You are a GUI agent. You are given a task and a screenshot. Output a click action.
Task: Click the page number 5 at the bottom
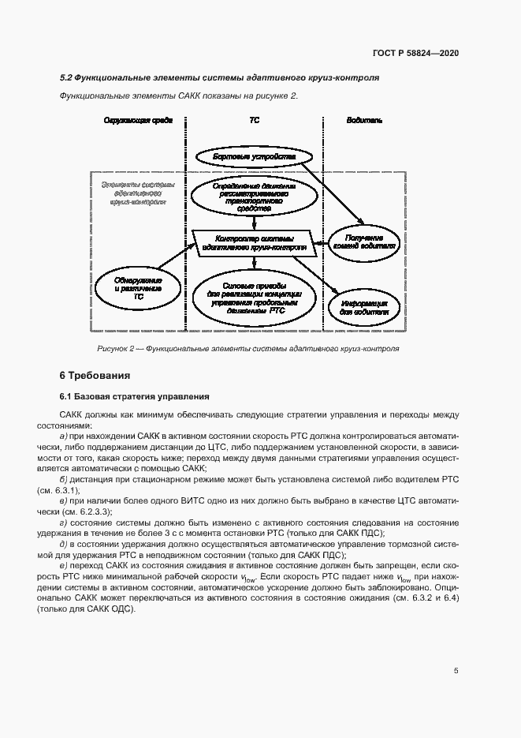pyautogui.click(x=456, y=671)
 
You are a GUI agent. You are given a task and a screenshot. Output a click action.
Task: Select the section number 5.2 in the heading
pyautogui.click(x=66, y=79)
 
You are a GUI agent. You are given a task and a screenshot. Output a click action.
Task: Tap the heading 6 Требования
pyautogui.click(x=95, y=374)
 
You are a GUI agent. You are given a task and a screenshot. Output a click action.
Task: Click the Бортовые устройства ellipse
pyautogui.click(x=255, y=157)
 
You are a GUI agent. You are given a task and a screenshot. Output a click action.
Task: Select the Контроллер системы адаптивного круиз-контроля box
pyautogui.click(x=254, y=242)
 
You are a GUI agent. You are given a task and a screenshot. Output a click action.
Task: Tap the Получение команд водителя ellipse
pyautogui.click(x=359, y=240)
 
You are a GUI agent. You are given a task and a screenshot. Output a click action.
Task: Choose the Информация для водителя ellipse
pyautogui.click(x=364, y=307)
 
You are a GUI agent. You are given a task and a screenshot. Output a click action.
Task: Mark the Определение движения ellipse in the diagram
pyautogui.click(x=254, y=197)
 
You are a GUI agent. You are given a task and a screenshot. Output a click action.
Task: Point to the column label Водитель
pyautogui.click(x=365, y=121)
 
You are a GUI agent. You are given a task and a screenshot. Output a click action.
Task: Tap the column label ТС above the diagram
pyautogui.click(x=254, y=121)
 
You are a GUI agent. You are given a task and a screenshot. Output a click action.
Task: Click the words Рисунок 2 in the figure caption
pyautogui.click(x=115, y=347)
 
